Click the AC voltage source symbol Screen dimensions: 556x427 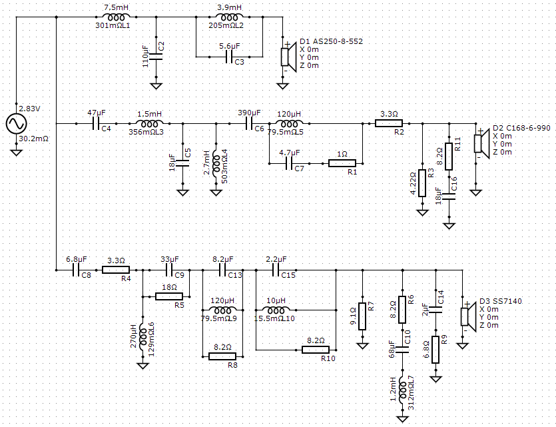click(16, 124)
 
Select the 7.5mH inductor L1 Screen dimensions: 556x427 click(117, 17)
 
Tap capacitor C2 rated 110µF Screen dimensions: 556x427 click(156, 57)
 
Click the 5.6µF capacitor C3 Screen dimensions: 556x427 click(230, 57)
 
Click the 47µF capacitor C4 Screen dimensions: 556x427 click(96, 124)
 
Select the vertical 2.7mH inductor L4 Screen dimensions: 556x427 click(216, 163)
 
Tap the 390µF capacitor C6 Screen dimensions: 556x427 click(249, 124)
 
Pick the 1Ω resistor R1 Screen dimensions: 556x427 click(342, 163)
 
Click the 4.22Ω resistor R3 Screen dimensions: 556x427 click(422, 183)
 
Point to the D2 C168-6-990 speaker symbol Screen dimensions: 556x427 click(482, 144)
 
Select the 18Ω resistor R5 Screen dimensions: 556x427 click(169, 296)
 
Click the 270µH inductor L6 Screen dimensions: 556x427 click(143, 337)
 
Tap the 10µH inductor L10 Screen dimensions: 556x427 click(276, 310)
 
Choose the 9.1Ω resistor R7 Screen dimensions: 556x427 click(362, 316)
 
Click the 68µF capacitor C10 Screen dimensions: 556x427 click(402, 350)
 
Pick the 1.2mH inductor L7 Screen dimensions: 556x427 click(402, 390)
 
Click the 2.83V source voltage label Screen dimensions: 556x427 click(29, 109)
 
